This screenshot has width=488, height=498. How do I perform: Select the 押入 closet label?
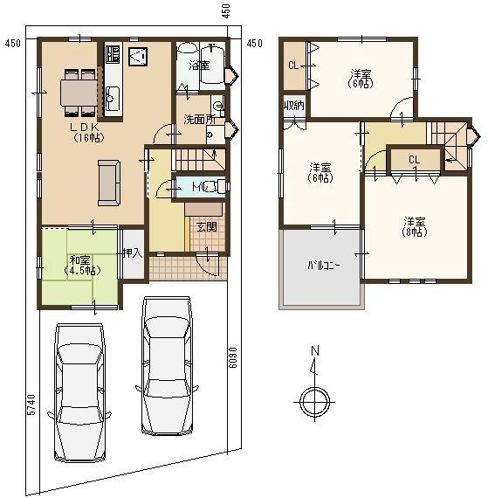pyautogui.click(x=132, y=254)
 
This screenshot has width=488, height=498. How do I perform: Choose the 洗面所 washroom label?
pyautogui.click(x=199, y=120)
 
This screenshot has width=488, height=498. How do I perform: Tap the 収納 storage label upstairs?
pyautogui.click(x=293, y=106)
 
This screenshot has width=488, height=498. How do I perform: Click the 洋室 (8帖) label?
pyautogui.click(x=414, y=226)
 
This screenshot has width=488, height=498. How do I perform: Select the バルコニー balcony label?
pyautogui.click(x=320, y=266)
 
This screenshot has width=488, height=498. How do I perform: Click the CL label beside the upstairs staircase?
pyautogui.click(x=414, y=159)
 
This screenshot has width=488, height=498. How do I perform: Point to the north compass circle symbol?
pyautogui.click(x=313, y=401)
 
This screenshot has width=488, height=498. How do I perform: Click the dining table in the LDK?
pyautogui.click(x=79, y=91)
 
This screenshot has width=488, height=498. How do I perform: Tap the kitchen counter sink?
pyautogui.click(x=113, y=95)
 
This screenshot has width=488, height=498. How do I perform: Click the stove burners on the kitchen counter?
pyautogui.click(x=113, y=54)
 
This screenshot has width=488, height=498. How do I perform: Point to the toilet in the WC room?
pyautogui.click(x=217, y=185)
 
